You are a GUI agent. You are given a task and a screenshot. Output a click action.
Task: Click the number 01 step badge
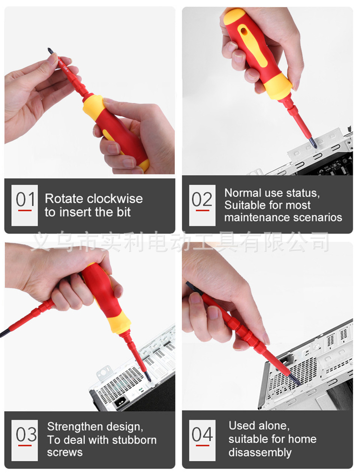point(24,205)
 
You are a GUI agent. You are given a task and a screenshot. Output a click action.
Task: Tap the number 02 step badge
point(202,205)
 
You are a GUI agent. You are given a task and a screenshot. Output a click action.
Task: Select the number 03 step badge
point(24,440)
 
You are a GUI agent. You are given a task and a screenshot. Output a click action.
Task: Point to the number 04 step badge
point(202,440)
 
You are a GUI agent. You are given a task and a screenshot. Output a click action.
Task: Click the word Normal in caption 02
point(243,193)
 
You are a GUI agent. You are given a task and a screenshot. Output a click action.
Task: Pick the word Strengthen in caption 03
point(75,427)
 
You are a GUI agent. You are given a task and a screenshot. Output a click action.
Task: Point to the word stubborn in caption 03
point(135,440)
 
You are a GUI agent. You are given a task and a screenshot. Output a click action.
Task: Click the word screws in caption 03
point(65,453)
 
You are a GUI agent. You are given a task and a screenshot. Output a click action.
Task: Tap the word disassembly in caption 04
point(260,453)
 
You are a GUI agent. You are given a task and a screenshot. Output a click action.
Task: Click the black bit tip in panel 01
point(51,51)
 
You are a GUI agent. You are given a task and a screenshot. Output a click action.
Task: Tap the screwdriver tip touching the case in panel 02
point(313,143)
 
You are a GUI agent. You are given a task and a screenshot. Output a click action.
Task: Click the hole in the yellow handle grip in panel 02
point(243,32)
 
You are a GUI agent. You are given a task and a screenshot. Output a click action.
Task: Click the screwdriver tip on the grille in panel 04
point(294,379)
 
